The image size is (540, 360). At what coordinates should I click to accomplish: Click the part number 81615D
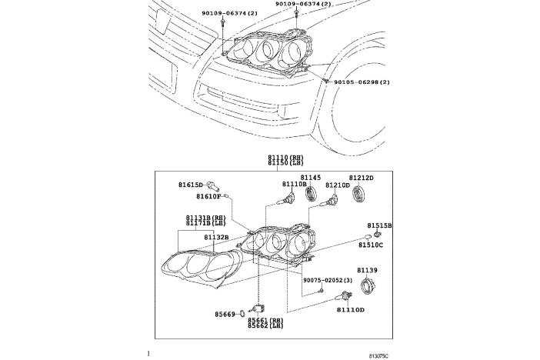(x=191, y=185)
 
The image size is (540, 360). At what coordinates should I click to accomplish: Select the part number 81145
(x=311, y=177)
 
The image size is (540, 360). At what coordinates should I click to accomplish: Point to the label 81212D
(x=361, y=178)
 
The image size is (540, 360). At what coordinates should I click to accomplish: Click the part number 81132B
(x=216, y=237)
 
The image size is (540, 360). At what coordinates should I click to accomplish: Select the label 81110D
(x=350, y=308)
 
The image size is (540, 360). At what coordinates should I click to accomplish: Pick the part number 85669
(x=226, y=314)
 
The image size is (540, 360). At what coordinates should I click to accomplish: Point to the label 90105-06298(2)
(x=362, y=82)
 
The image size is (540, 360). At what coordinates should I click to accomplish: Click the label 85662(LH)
(x=265, y=326)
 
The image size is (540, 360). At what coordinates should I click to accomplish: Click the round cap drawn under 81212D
(x=358, y=192)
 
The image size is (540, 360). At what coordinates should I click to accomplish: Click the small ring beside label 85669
(x=244, y=314)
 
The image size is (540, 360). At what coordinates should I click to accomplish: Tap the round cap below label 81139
(x=366, y=288)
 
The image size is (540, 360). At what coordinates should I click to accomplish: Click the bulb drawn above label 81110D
(x=348, y=292)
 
